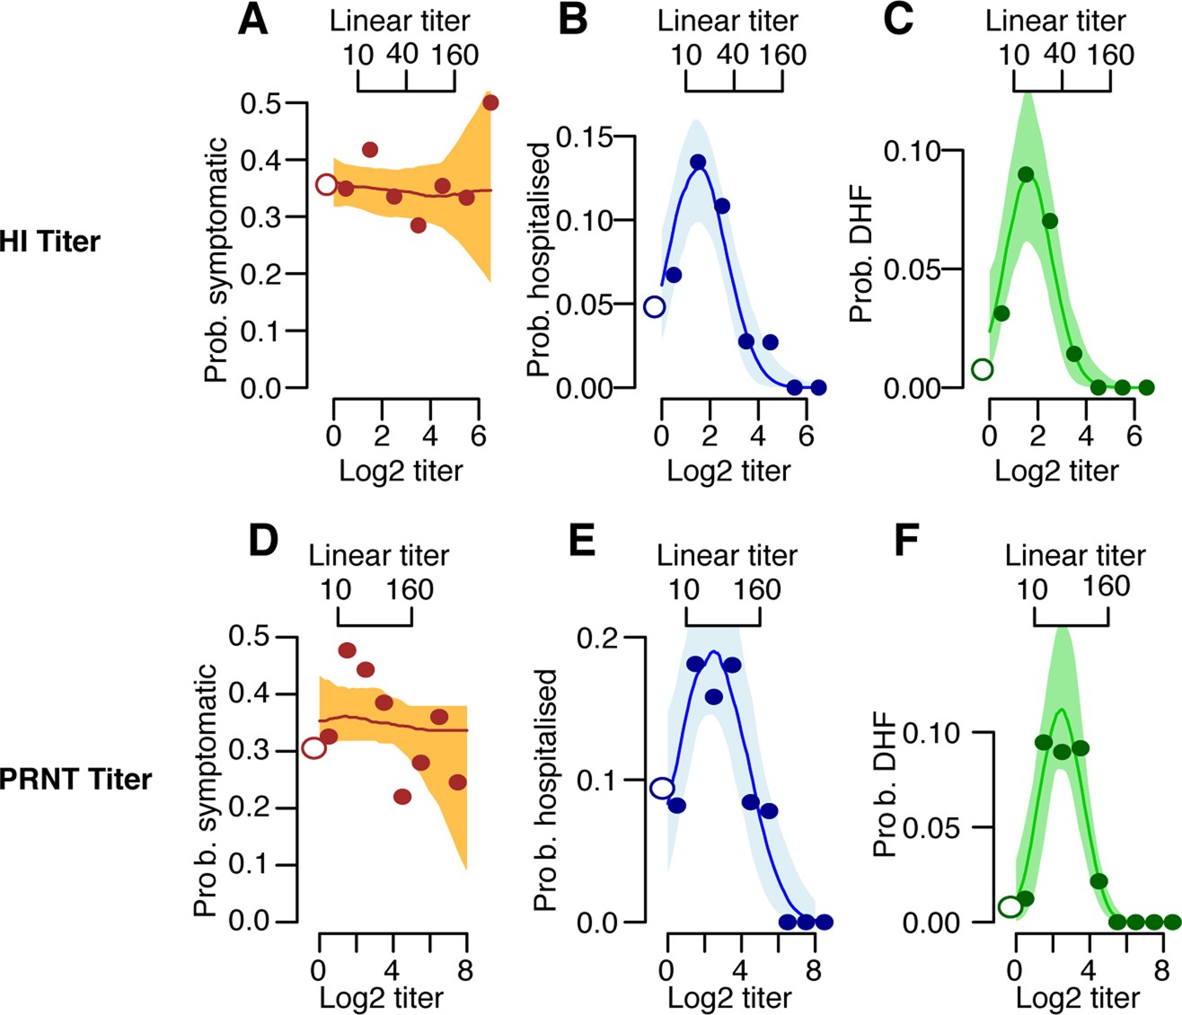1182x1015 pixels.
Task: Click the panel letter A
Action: tap(253, 19)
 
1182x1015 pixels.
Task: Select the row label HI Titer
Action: tap(50, 242)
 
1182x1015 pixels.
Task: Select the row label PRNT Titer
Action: tap(75, 778)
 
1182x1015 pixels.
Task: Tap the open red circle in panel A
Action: tap(327, 185)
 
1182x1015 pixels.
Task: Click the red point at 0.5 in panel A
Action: tap(490, 102)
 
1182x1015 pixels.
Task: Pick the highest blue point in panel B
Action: tap(698, 163)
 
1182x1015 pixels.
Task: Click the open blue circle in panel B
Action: tap(655, 307)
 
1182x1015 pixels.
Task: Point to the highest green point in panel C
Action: tap(1026, 174)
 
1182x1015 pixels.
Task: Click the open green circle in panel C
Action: tap(983, 369)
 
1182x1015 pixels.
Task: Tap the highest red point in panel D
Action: tap(347, 650)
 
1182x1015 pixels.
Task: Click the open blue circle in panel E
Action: tap(662, 788)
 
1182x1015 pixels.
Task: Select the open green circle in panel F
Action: tap(1010, 907)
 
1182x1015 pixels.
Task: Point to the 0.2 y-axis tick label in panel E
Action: tap(596, 638)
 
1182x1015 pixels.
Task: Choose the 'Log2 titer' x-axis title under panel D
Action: tap(381, 997)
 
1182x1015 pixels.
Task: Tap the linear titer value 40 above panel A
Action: tap(402, 55)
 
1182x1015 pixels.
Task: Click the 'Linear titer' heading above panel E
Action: tap(727, 555)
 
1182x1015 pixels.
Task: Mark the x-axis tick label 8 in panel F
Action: tap(1161, 970)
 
